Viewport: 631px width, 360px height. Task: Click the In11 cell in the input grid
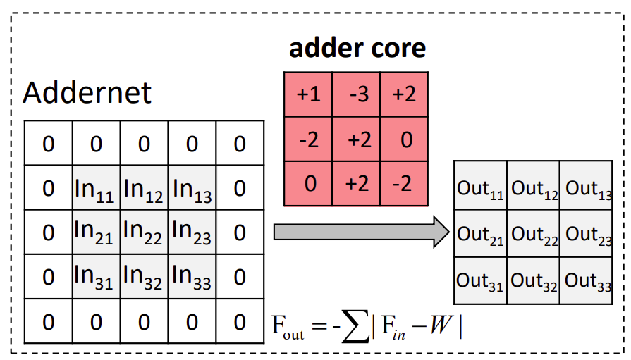[96, 188]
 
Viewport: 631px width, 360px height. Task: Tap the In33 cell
[192, 277]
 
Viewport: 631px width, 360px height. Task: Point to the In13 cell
[192, 188]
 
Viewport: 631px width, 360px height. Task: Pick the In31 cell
[96, 277]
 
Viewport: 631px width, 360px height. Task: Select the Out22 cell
[534, 234]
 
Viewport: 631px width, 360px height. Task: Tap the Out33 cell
[587, 280]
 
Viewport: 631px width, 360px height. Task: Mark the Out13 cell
[587, 189]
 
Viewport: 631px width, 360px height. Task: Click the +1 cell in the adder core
[308, 94]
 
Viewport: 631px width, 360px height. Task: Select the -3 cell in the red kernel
[356, 94]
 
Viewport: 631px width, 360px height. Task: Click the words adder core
[357, 48]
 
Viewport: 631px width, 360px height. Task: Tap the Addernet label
[87, 92]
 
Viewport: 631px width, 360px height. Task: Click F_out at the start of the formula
[288, 328]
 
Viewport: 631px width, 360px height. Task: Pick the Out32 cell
[534, 280]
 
